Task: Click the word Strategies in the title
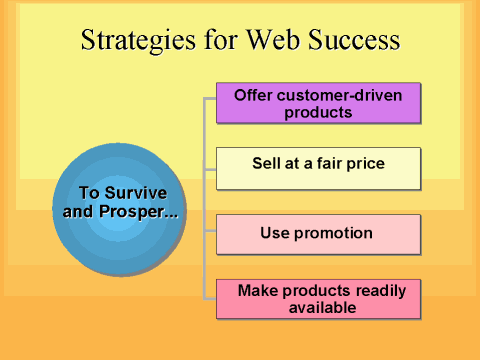point(134,41)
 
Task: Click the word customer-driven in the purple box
point(341,96)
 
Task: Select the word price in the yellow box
point(363,160)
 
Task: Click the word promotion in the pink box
point(331,233)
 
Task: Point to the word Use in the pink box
point(273,233)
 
